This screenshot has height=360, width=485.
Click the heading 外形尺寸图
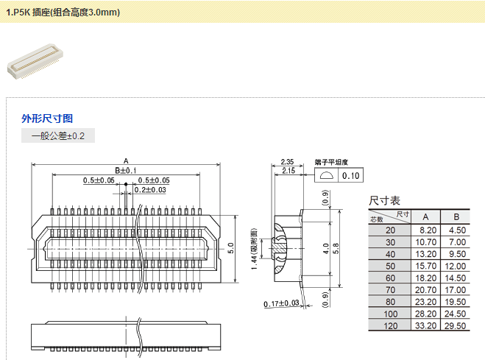point(47,118)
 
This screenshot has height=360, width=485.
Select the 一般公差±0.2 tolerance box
point(58,136)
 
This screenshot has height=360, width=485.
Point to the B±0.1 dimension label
point(126,171)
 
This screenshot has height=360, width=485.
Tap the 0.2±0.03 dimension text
point(150,190)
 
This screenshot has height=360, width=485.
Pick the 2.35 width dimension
point(287,162)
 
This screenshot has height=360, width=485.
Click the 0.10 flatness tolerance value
point(350,175)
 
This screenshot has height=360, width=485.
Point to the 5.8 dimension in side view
point(336,249)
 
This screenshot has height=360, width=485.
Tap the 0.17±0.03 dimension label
point(282,303)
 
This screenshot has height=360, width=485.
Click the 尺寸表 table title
point(385,200)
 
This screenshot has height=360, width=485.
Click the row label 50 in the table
point(390,266)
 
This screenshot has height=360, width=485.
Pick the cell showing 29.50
point(456,326)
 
